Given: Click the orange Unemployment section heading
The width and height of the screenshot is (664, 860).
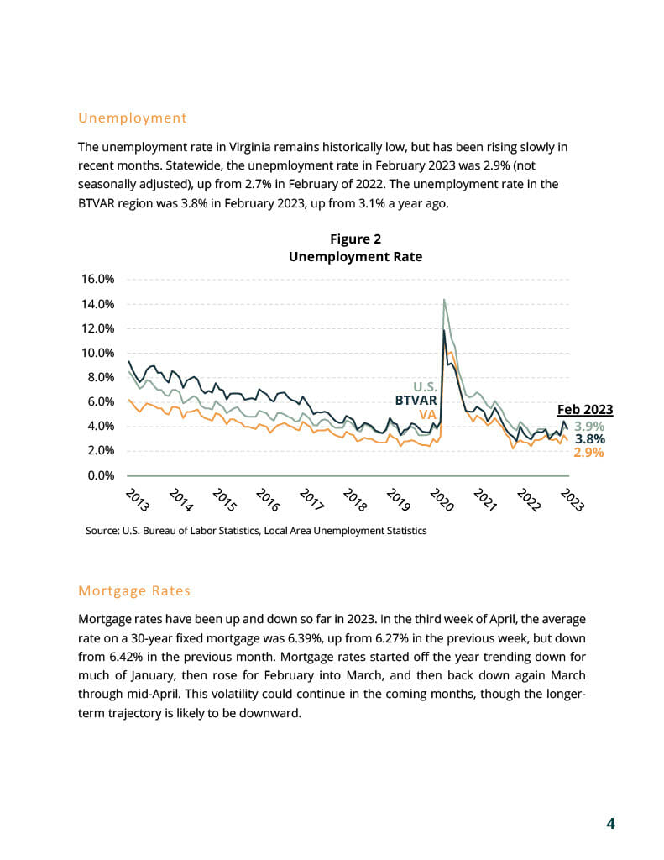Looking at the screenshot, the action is (x=132, y=118).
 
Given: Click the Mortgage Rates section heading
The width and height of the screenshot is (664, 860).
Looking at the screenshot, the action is (x=134, y=590).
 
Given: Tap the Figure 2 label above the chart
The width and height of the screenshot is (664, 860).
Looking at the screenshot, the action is (x=355, y=239).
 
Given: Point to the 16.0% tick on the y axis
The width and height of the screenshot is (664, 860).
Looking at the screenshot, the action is (x=98, y=279).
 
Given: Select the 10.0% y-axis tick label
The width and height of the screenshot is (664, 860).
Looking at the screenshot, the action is (x=98, y=353).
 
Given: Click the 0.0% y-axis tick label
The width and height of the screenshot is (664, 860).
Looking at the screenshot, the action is (x=101, y=475).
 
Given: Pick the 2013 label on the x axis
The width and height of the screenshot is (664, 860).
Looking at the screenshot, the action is (x=137, y=500).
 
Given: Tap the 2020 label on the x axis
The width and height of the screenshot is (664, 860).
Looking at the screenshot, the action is (x=442, y=500).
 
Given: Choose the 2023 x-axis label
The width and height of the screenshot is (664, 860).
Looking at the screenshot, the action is (x=573, y=500).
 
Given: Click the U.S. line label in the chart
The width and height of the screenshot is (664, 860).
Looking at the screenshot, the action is (x=425, y=388).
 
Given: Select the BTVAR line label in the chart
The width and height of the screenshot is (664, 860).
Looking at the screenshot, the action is (x=416, y=401).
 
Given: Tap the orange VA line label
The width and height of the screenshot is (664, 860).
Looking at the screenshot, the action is (x=427, y=414).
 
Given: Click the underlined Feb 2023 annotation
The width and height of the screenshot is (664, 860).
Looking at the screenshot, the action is (x=585, y=410).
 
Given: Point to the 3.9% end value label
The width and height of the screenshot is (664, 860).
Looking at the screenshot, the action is (x=589, y=426).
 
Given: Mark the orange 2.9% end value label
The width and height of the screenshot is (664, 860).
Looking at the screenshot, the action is (x=589, y=453).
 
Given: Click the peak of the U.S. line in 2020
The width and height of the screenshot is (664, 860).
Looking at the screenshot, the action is (x=443, y=300).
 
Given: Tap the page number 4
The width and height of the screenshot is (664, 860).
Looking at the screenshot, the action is (x=611, y=823).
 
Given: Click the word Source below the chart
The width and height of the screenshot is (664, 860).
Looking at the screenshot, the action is (x=102, y=531).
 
